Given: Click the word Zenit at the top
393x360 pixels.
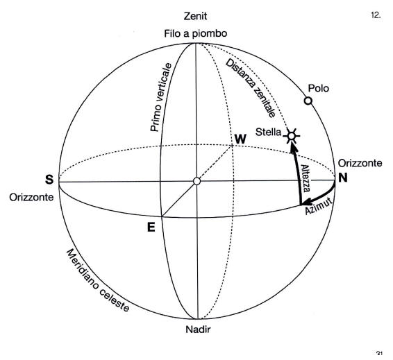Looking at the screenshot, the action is [196, 16].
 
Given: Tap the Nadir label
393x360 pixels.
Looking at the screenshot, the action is [198, 329].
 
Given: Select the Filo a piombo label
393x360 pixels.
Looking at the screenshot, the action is [196, 33].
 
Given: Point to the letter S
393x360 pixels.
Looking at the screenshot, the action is [49, 180].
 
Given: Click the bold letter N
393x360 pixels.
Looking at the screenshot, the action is [343, 178].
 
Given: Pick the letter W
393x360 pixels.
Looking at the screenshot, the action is [240, 139].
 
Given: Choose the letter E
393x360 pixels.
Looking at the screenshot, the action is [151, 228].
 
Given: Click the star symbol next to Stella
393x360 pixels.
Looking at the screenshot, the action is [292, 136].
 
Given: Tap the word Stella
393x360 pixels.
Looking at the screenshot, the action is [268, 132].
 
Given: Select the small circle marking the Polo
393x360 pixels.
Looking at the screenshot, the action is [308, 101].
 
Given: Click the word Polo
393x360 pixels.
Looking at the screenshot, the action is [318, 88].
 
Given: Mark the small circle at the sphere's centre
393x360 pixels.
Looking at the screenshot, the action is [196, 181].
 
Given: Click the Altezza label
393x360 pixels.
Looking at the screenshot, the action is [306, 178].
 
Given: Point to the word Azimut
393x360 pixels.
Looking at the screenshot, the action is [319, 207].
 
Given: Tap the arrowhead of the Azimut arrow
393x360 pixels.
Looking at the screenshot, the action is [306, 202].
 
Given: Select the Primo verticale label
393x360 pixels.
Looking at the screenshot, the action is [161, 97].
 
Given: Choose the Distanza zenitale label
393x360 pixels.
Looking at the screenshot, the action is [251, 88].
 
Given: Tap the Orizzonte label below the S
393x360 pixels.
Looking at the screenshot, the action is [31, 197].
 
